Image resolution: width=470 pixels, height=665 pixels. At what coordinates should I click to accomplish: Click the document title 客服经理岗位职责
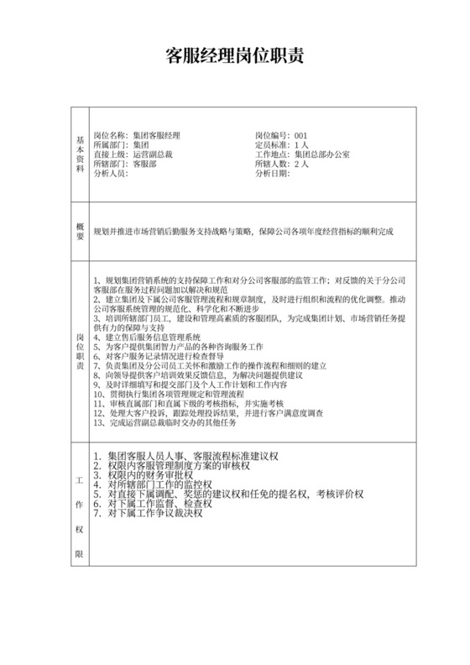(234, 57)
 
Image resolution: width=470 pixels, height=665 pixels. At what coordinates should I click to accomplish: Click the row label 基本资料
(81, 154)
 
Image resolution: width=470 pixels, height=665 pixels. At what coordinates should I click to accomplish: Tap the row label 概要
(81, 231)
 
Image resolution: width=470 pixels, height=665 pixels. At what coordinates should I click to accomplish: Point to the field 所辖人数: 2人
(281, 165)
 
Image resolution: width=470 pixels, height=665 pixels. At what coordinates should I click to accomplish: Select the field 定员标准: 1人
(281, 145)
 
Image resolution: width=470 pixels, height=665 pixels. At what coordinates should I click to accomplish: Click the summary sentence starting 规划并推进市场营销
(243, 231)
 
